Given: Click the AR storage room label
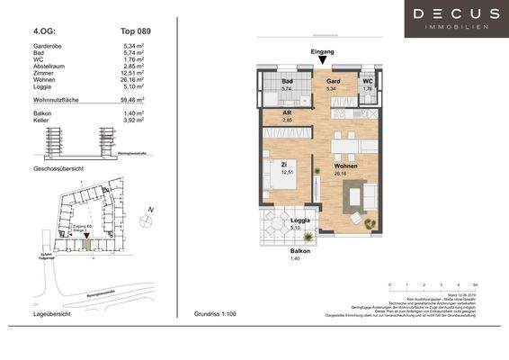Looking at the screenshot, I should (x=289, y=114).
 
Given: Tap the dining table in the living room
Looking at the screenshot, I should (x=344, y=145).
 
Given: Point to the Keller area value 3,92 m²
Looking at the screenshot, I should (x=134, y=122).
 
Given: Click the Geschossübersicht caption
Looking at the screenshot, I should (x=59, y=169).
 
